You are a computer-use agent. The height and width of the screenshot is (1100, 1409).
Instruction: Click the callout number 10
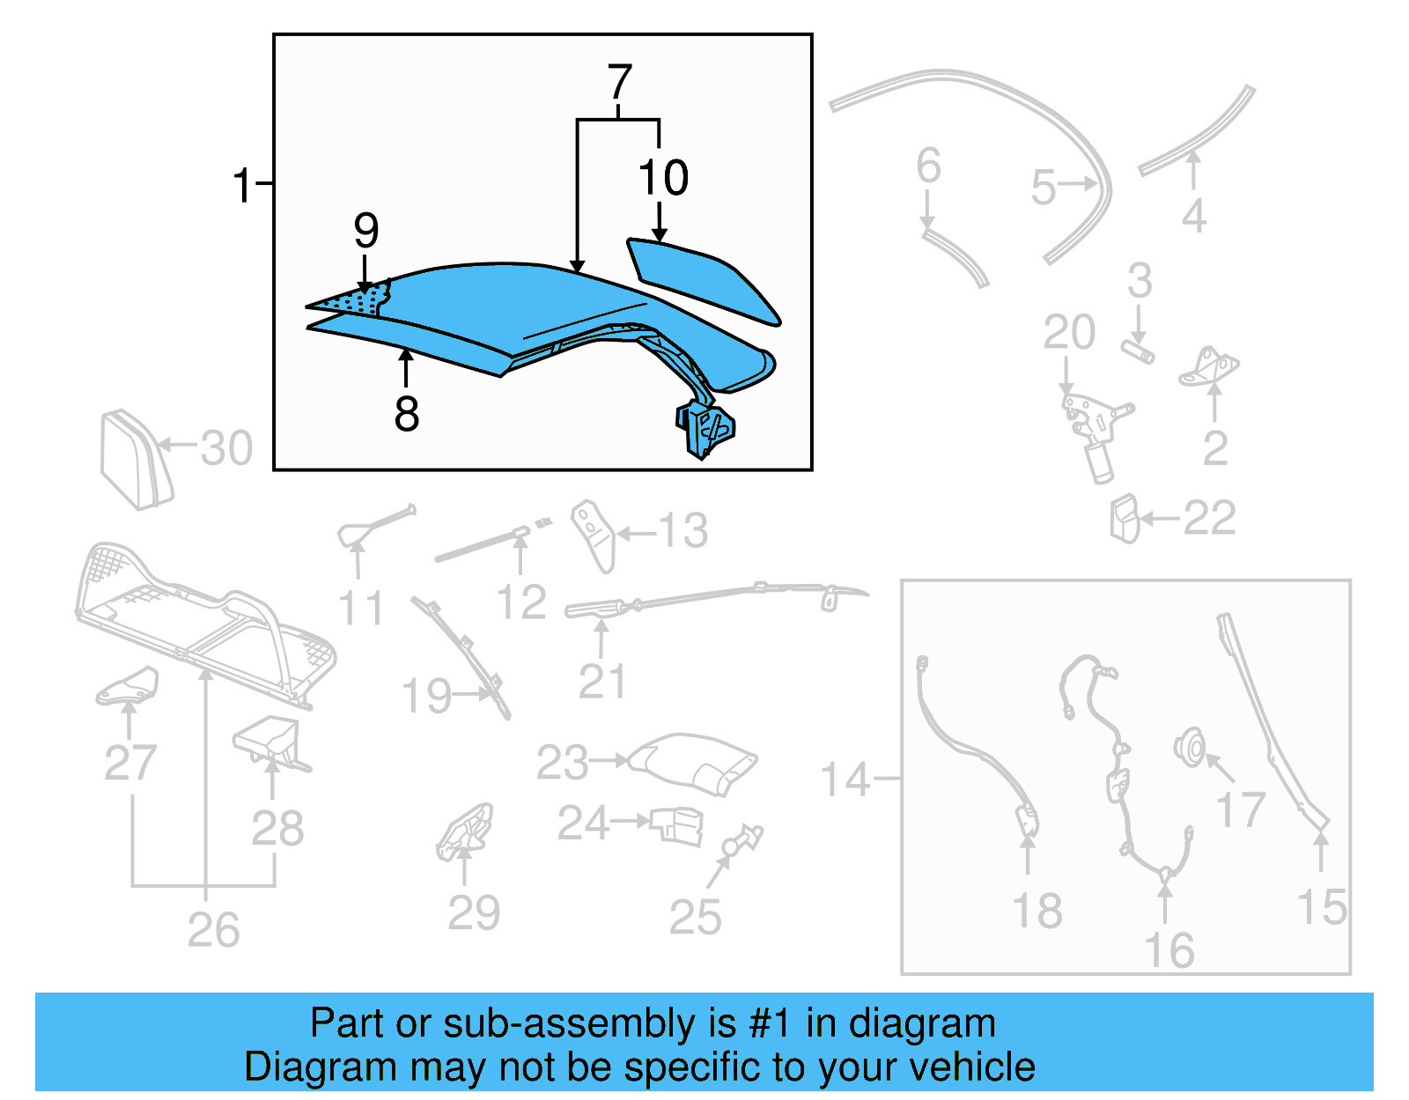tap(663, 178)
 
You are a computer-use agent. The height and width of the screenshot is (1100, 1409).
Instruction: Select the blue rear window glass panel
tap(704, 280)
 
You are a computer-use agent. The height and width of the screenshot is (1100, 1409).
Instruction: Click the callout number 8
tap(406, 413)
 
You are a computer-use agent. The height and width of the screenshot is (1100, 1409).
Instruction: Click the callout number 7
tap(620, 83)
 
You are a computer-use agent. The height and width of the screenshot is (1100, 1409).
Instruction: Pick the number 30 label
tap(226, 448)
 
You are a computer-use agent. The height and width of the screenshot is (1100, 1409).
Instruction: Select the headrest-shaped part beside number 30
tap(135, 458)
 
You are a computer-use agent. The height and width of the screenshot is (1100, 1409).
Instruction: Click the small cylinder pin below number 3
tap(1138, 351)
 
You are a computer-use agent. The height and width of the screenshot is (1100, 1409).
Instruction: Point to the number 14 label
tap(845, 779)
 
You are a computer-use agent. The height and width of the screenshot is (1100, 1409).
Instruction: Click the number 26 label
tap(213, 930)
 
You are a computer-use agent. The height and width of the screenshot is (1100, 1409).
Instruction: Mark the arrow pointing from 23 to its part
tap(609, 759)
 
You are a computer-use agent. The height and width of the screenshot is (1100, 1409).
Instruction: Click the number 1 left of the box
tap(242, 186)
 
